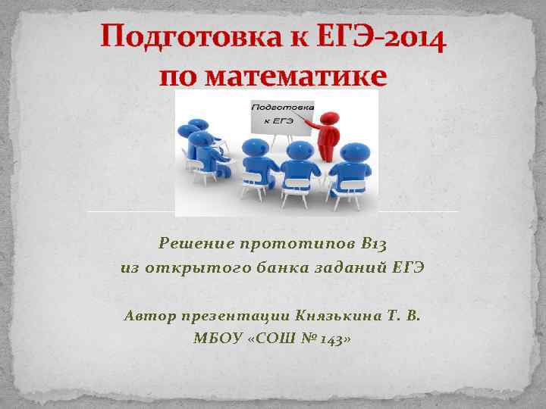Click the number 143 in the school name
[329, 339]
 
